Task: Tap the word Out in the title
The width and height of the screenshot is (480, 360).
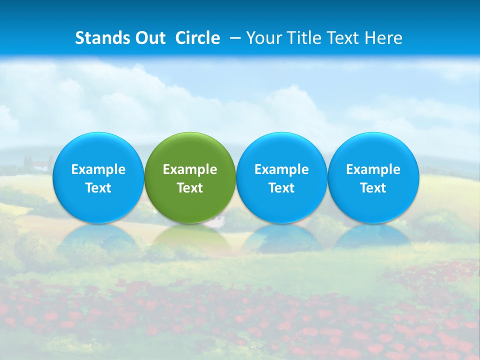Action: click(150, 38)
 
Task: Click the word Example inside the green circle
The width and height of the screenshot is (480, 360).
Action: click(190, 169)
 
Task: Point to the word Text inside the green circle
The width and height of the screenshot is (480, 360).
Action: click(190, 188)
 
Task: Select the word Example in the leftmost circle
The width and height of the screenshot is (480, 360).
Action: click(98, 169)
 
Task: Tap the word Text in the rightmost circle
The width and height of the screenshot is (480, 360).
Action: click(373, 188)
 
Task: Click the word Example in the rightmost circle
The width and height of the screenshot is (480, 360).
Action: click(373, 169)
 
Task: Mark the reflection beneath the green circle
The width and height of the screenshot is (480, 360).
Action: click(190, 238)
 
